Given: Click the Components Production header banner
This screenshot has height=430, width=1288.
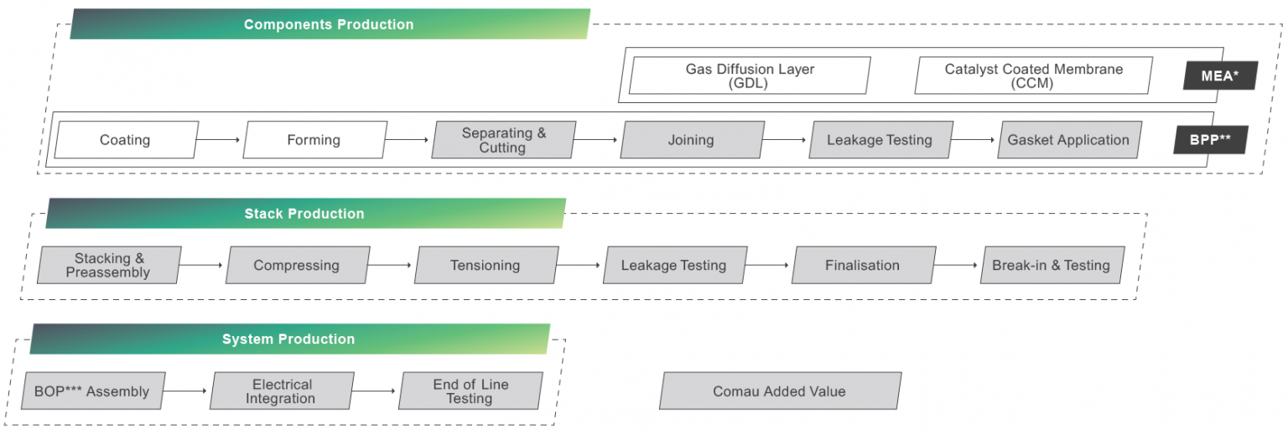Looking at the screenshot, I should coord(330,24).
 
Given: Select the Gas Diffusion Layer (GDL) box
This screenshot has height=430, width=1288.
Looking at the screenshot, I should coord(750,75).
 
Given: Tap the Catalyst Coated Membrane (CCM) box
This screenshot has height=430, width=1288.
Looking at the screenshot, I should coord(1033,75).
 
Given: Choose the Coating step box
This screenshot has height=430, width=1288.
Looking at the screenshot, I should coord(126,140).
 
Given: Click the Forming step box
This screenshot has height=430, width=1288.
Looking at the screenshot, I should coord(314,140).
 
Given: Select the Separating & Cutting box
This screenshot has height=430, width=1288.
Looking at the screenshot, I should coord(503,140).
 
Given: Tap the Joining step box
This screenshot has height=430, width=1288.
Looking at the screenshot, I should coord(692,140).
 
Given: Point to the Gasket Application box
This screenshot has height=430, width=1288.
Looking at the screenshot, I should coord(1069,140).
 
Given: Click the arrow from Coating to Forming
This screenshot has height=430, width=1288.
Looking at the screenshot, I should coord(220,140).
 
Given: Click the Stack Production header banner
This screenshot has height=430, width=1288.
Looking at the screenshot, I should coord(305,214).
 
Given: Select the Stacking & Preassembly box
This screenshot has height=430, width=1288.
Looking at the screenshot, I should coord(108,265).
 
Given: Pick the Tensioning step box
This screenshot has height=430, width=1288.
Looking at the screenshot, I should coord(486,265).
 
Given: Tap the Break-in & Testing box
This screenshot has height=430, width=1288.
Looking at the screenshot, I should coord(1052,265).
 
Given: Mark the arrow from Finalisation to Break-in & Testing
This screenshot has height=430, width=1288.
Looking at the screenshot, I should coord(957,265).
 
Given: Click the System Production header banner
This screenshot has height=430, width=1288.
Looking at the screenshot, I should coord(289,339).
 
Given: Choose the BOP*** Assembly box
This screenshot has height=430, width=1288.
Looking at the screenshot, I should coord(92,391).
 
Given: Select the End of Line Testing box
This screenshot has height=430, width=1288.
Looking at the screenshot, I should coord(470,391).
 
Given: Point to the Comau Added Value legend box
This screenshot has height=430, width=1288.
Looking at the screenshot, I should coord(780,391).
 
